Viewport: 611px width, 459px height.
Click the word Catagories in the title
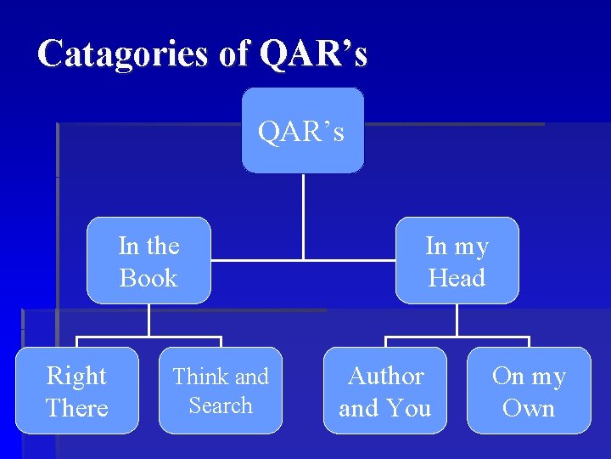click(x=124, y=54)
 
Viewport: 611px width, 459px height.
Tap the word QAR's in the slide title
click(x=314, y=54)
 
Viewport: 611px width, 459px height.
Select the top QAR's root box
click(x=302, y=131)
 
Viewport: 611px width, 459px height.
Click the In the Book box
click(x=149, y=261)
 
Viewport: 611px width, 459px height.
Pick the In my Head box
click(x=457, y=261)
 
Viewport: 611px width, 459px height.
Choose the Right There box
click(x=76, y=391)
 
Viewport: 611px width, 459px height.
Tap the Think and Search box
click(x=221, y=391)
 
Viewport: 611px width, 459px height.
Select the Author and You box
click(x=385, y=391)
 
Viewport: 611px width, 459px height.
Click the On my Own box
click(x=529, y=391)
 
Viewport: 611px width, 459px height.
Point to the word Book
click(x=149, y=278)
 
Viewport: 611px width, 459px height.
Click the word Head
click(x=457, y=278)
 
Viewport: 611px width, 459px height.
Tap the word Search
click(x=221, y=405)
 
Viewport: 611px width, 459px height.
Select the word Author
click(x=386, y=376)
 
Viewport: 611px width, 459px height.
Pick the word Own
click(x=529, y=408)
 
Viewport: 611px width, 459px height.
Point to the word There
click(x=76, y=408)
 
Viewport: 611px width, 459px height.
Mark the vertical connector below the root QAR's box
click(x=303, y=216)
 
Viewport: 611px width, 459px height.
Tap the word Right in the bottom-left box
click(x=76, y=376)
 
